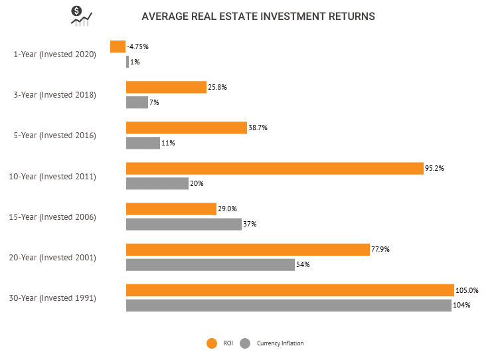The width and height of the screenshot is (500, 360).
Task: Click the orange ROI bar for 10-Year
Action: click(274, 169)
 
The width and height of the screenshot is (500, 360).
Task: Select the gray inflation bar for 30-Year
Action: click(289, 306)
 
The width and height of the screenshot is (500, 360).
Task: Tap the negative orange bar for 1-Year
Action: click(118, 46)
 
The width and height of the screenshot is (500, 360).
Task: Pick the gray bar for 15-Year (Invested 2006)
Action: click(183, 224)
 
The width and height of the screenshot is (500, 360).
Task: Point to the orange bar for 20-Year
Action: click(248, 250)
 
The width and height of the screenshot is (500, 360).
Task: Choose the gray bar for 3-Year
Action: click(137, 102)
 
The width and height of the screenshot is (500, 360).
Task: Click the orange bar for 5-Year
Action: click(187, 128)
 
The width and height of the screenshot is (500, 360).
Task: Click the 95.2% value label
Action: click(434, 169)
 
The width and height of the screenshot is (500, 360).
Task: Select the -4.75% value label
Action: click(139, 46)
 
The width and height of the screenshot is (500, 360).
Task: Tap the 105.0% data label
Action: click(467, 290)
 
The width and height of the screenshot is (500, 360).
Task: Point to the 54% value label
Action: click(303, 265)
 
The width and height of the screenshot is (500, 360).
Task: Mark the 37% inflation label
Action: click(250, 225)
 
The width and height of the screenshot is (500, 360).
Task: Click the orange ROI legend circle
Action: click(212, 343)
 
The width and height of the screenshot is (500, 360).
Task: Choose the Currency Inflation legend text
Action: click(280, 343)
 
